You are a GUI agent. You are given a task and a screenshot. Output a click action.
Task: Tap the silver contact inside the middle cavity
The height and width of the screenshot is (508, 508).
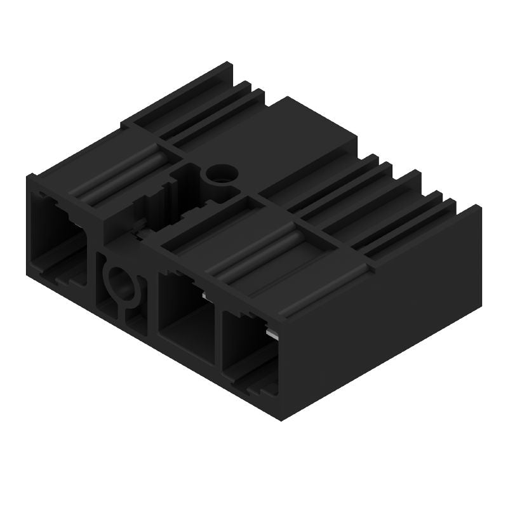[x=204, y=294]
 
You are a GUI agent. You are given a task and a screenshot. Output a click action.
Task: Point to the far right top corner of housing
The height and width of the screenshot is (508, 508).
[x=479, y=206]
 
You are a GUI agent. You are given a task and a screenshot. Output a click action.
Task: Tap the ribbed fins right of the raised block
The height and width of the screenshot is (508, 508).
[x=394, y=203]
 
